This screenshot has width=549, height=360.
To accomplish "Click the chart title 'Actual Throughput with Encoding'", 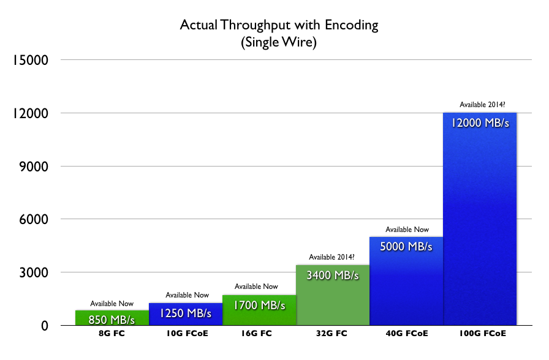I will click(x=279, y=26).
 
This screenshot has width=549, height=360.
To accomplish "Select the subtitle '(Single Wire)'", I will click(x=279, y=43).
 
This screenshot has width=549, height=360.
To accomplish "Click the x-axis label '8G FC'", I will click(x=112, y=334).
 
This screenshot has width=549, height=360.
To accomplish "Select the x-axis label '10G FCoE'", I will click(x=186, y=334).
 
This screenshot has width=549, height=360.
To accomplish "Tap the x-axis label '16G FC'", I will click(x=259, y=334).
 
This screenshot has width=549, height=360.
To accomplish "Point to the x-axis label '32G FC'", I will click(x=333, y=334).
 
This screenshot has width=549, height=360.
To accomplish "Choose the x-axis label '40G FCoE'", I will click(x=406, y=334).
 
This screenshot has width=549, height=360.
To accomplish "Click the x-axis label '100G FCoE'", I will click(x=480, y=334).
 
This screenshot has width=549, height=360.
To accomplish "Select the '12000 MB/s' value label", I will click(x=480, y=122).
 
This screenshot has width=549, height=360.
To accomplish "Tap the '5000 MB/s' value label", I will click(x=406, y=247).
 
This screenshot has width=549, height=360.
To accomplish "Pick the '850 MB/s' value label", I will click(x=112, y=318).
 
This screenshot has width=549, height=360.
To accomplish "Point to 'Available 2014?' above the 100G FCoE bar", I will click(x=480, y=105).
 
